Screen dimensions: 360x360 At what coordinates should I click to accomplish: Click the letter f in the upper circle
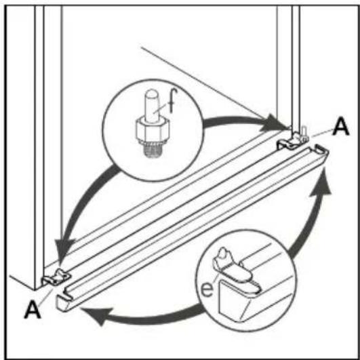pyautogui.click(x=172, y=100)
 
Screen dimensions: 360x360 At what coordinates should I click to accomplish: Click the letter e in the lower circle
pyautogui.click(x=207, y=289)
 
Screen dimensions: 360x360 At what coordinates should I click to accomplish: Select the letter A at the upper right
pyautogui.click(x=341, y=127)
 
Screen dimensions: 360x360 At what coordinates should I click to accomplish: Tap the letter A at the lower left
pyautogui.click(x=33, y=310)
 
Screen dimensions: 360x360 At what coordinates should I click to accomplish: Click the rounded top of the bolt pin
pyautogui.click(x=152, y=93)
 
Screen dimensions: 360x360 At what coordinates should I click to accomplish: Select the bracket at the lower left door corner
pyautogui.click(x=56, y=277)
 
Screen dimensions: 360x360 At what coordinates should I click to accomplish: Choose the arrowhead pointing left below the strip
pyautogui.click(x=98, y=315)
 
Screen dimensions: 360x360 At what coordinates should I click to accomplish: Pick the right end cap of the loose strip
pyautogui.click(x=321, y=150)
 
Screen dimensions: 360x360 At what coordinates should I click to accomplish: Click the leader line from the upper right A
pyautogui.click(x=321, y=133)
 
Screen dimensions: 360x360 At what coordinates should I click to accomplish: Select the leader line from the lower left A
pyautogui.click(x=45, y=297)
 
